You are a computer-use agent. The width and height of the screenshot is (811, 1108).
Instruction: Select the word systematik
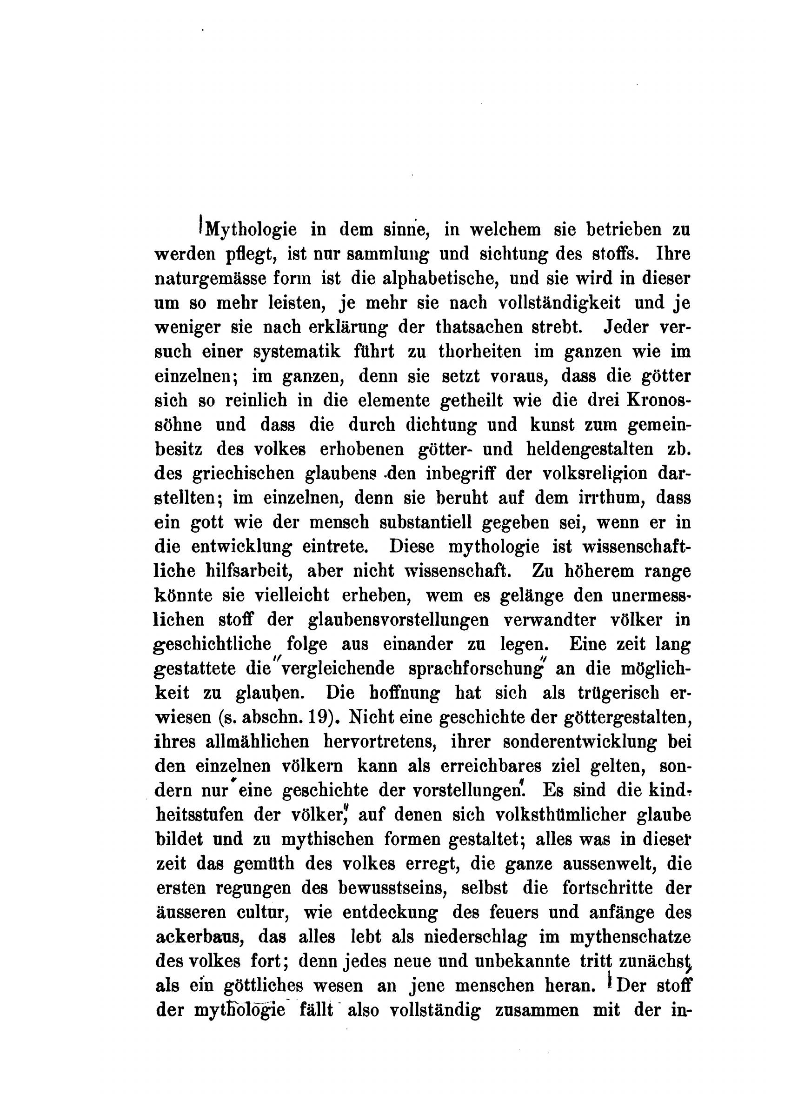pos(297,352)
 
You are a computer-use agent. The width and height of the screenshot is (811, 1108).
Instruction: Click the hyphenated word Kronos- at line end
pos(658,400)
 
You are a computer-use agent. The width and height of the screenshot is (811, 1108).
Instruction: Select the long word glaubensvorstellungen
pos(398,620)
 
